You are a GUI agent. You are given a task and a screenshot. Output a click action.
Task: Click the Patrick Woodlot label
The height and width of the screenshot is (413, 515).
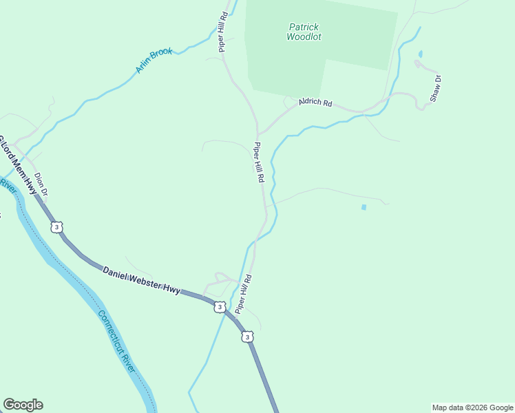click(304, 32)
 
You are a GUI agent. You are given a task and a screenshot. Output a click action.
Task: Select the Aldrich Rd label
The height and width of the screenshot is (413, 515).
click(315, 103)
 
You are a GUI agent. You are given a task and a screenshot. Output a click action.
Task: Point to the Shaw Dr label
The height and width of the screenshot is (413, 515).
click(435, 89)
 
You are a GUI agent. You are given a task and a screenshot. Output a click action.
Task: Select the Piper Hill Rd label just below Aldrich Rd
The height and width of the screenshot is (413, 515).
click(259, 162)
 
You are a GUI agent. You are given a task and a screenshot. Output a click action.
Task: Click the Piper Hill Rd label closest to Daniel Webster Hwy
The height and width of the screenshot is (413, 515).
click(244, 295)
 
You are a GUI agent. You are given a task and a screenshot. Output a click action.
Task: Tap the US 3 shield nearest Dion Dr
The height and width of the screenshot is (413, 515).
click(56, 226)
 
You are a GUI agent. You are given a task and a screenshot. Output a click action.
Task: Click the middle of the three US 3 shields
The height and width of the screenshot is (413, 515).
click(219, 306)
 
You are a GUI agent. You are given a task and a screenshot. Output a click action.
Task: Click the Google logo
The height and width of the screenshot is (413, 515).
click(23, 405)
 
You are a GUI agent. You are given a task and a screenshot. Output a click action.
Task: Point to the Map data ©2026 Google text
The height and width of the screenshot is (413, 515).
click(472, 407)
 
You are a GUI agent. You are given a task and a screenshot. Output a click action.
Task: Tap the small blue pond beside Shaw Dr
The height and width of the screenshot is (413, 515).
click(420, 54)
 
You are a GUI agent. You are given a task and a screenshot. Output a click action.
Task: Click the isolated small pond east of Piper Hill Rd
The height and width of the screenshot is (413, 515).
click(364, 206)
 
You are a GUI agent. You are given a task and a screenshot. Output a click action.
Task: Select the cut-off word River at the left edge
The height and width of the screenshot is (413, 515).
click(8, 186)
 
